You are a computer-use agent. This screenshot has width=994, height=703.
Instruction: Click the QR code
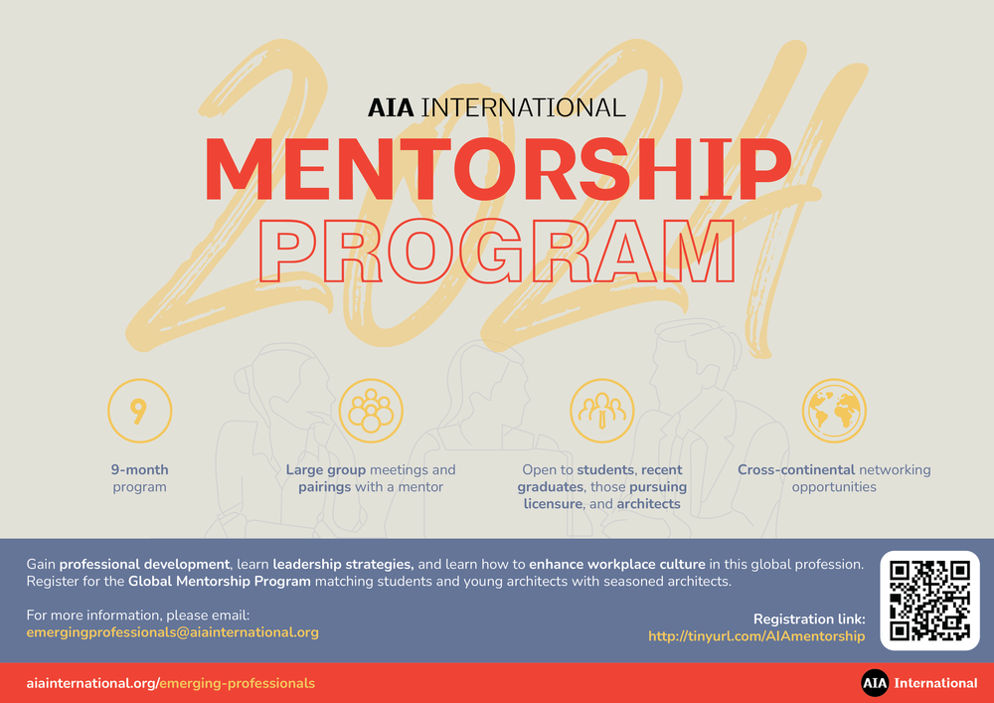click(x=929, y=601)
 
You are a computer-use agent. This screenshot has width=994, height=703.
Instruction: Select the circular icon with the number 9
click(x=139, y=411)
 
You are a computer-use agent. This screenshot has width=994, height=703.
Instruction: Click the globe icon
click(x=834, y=411)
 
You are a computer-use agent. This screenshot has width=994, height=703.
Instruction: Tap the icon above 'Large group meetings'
click(x=371, y=411)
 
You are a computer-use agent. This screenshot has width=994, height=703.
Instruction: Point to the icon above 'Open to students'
click(x=602, y=411)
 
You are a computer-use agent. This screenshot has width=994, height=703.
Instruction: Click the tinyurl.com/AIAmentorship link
click(x=756, y=636)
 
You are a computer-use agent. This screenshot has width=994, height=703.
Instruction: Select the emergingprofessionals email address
click(x=173, y=631)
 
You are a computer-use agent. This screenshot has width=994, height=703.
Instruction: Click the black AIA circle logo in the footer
click(x=875, y=683)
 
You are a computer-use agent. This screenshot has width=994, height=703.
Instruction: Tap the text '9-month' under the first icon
click(x=139, y=469)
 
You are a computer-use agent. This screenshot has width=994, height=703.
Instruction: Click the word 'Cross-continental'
click(x=795, y=469)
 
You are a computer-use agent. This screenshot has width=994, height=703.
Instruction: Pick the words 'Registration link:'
click(x=809, y=618)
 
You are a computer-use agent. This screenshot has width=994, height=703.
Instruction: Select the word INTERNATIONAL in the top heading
click(x=524, y=107)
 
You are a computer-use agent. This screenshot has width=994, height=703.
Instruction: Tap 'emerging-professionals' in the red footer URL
click(x=238, y=683)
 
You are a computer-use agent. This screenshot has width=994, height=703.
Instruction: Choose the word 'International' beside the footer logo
click(x=936, y=683)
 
